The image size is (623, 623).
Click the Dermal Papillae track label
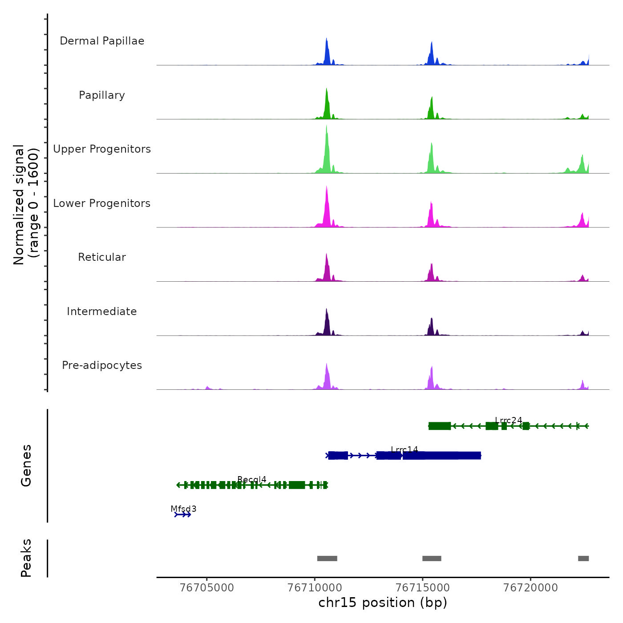(102, 41)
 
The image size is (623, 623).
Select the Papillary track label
(102, 95)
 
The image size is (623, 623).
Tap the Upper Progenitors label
(102, 149)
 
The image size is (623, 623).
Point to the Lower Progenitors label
(102, 203)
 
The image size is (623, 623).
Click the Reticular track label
(102, 257)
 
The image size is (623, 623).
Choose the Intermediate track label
(102, 311)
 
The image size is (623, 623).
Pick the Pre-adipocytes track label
(102, 365)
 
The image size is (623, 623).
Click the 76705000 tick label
(207, 588)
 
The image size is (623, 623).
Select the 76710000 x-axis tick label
(315, 588)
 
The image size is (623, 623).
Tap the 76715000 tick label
(423, 588)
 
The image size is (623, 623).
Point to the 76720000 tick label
(530, 588)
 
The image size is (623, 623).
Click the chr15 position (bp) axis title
(383, 603)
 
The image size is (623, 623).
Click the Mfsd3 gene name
(183, 509)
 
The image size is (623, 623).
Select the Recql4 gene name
(252, 479)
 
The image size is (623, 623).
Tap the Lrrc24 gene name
(509, 420)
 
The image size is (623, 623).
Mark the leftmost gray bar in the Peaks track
(327, 558)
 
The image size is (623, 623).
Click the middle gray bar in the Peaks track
(432, 558)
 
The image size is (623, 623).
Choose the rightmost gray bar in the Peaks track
(583, 558)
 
